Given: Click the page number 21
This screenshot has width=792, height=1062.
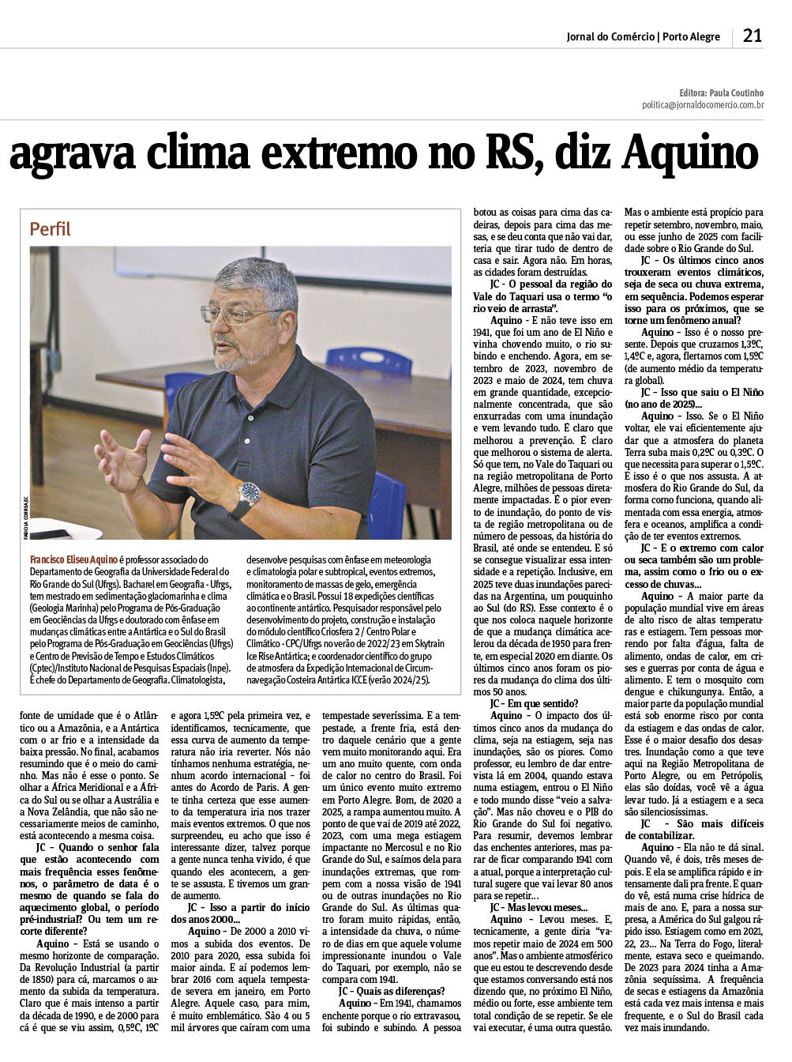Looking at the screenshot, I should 752,36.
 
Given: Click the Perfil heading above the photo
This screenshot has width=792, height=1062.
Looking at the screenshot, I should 50,229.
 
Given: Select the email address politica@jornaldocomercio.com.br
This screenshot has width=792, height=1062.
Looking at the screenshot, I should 702,104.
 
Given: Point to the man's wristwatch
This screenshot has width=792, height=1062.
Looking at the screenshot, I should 250,493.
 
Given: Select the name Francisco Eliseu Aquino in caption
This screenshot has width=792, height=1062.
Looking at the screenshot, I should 73,559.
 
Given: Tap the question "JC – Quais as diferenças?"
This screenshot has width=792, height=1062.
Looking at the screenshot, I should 392,991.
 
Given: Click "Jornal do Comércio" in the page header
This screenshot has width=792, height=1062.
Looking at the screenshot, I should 610,36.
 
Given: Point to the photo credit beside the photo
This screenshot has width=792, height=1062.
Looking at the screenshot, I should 24,514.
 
